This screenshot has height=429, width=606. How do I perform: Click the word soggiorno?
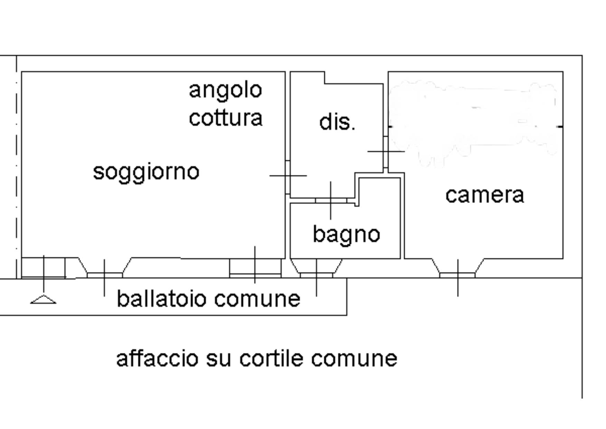click(146, 172)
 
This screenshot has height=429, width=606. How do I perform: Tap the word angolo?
click(225, 90)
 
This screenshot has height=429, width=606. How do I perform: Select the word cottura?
click(226, 118)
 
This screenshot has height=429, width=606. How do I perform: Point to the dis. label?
click(337, 122)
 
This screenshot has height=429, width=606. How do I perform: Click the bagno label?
click(346, 234)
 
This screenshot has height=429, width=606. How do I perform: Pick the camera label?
click(484, 195)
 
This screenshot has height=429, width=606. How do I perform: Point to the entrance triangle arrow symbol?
click(43, 300)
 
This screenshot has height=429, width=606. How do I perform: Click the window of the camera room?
click(457, 275)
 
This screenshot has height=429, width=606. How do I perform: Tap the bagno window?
click(316, 275)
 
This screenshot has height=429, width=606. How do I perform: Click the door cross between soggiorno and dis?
click(288, 176)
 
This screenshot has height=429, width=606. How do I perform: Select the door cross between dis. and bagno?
click(331, 200)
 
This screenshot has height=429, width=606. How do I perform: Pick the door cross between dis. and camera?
click(386, 151)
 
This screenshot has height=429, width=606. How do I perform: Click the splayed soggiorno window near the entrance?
click(104, 275)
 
